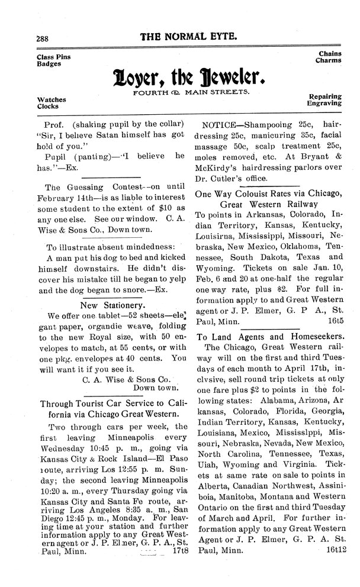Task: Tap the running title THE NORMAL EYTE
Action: click(188, 36)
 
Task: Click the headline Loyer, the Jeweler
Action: click(188, 78)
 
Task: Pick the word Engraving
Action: click(324, 103)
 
